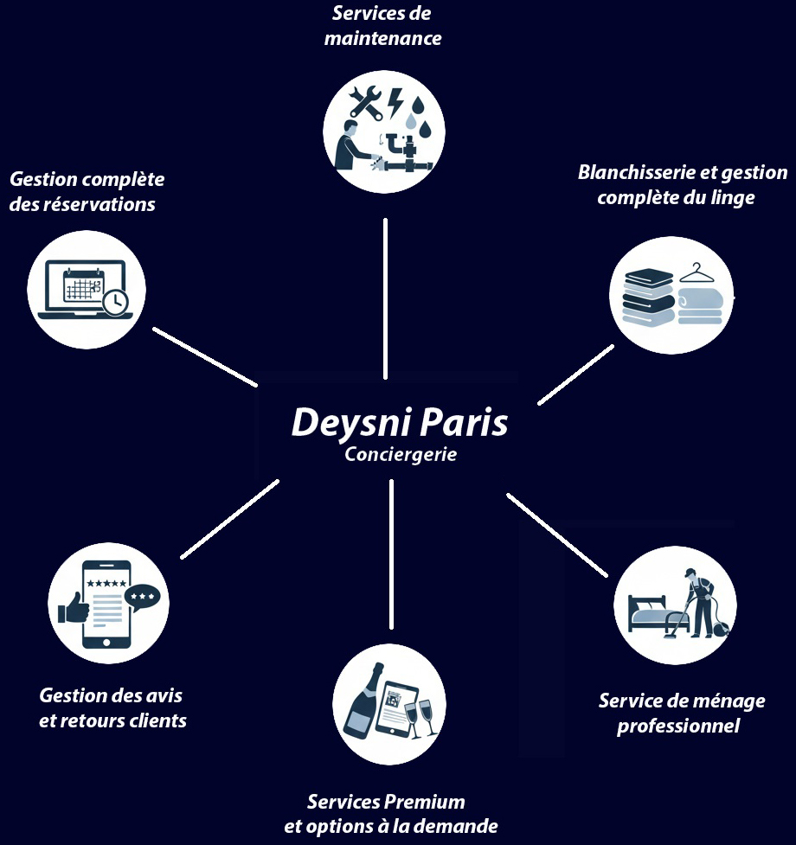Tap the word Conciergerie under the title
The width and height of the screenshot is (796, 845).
pyautogui.click(x=400, y=454)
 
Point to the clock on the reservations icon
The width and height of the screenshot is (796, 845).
pyautogui.click(x=114, y=301)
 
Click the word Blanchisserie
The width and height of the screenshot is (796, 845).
pyautogui.click(x=637, y=172)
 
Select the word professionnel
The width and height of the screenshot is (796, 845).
pyautogui.click(x=678, y=726)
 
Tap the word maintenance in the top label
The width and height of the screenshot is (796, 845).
pyautogui.click(x=382, y=38)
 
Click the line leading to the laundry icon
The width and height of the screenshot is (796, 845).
pyautogui.click(x=575, y=374)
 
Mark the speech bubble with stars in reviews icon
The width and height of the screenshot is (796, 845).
pyautogui.click(x=142, y=598)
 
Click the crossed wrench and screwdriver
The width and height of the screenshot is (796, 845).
pyautogui.click(x=365, y=102)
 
